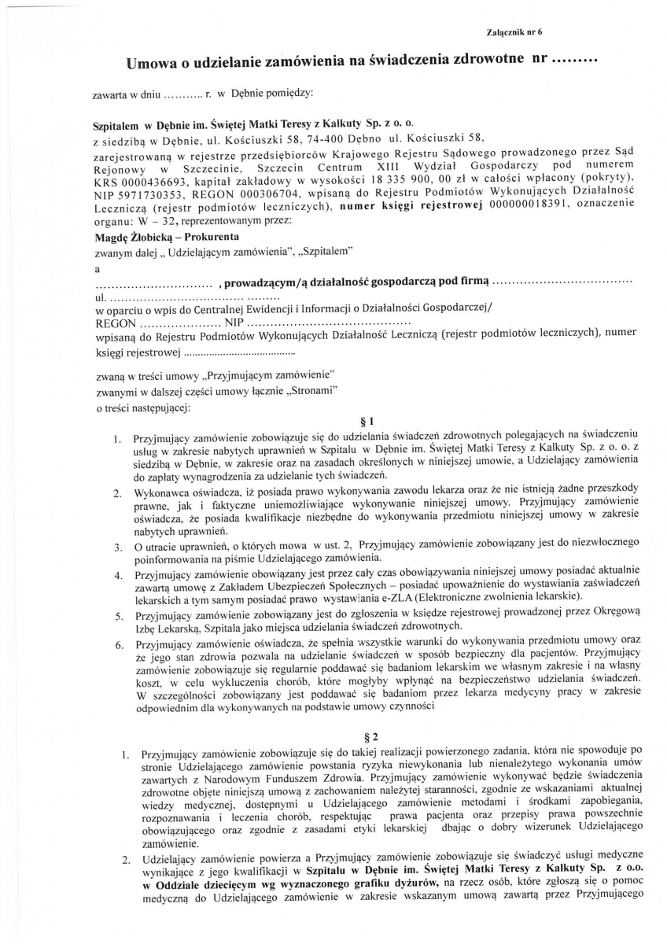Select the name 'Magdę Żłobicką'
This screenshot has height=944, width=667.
130,236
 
